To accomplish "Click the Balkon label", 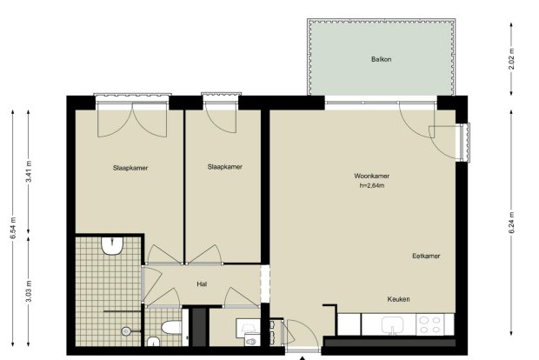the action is pyautogui.click(x=382, y=59).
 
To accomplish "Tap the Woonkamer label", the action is pyautogui.click(x=371, y=176).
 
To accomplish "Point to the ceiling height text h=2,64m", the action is pyautogui.click(x=371, y=186).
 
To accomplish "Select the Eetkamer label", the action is pyautogui.click(x=426, y=256).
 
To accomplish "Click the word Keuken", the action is pyautogui.click(x=398, y=299).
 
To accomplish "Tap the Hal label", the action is pyautogui.click(x=202, y=284).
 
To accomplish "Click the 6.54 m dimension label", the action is pyautogui.click(x=13, y=228).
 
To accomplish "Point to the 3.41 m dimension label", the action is pyautogui.click(x=29, y=171).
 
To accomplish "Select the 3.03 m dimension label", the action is pyautogui.click(x=29, y=291).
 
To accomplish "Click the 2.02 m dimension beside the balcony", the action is pyautogui.click(x=511, y=59).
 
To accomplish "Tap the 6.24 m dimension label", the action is pyautogui.click(x=511, y=223).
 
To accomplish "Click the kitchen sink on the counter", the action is pyautogui.click(x=392, y=325).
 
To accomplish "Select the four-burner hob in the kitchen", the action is pyautogui.click(x=430, y=324).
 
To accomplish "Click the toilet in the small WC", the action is pyautogui.click(x=171, y=327).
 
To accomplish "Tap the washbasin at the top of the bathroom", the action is pyautogui.click(x=112, y=245).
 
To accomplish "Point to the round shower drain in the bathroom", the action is pyautogui.click(x=126, y=331).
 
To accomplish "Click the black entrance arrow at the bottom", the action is pyautogui.click(x=302, y=358).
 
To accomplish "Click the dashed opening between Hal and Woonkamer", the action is pyautogui.click(x=265, y=283).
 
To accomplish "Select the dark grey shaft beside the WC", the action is pyautogui.click(x=199, y=327).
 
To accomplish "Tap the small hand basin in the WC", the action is pyautogui.click(x=153, y=342).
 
